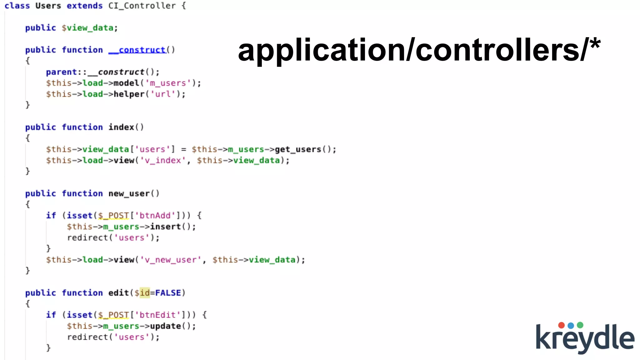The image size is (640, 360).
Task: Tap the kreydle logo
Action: pyautogui.click(x=585, y=338)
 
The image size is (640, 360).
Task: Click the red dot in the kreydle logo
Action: pyautogui.click(x=561, y=325)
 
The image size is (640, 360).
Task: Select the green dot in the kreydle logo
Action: pyautogui.click(x=580, y=325)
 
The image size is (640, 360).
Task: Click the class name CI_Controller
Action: pyautogui.click(x=142, y=6)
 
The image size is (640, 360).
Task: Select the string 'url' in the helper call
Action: pyautogui.click(x=163, y=94)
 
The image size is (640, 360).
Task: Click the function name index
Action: pyautogui.click(x=121, y=127)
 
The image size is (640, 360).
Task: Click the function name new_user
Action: pyautogui.click(x=129, y=194)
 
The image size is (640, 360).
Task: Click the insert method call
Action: pyautogui.click(x=165, y=227)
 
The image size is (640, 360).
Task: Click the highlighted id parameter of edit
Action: pyautogui.click(x=145, y=293)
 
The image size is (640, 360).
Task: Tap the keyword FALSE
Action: pyautogui.click(x=168, y=293)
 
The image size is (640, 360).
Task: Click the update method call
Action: pyautogui.click(x=165, y=326)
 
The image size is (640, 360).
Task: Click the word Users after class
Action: pyautogui.click(x=48, y=6)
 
